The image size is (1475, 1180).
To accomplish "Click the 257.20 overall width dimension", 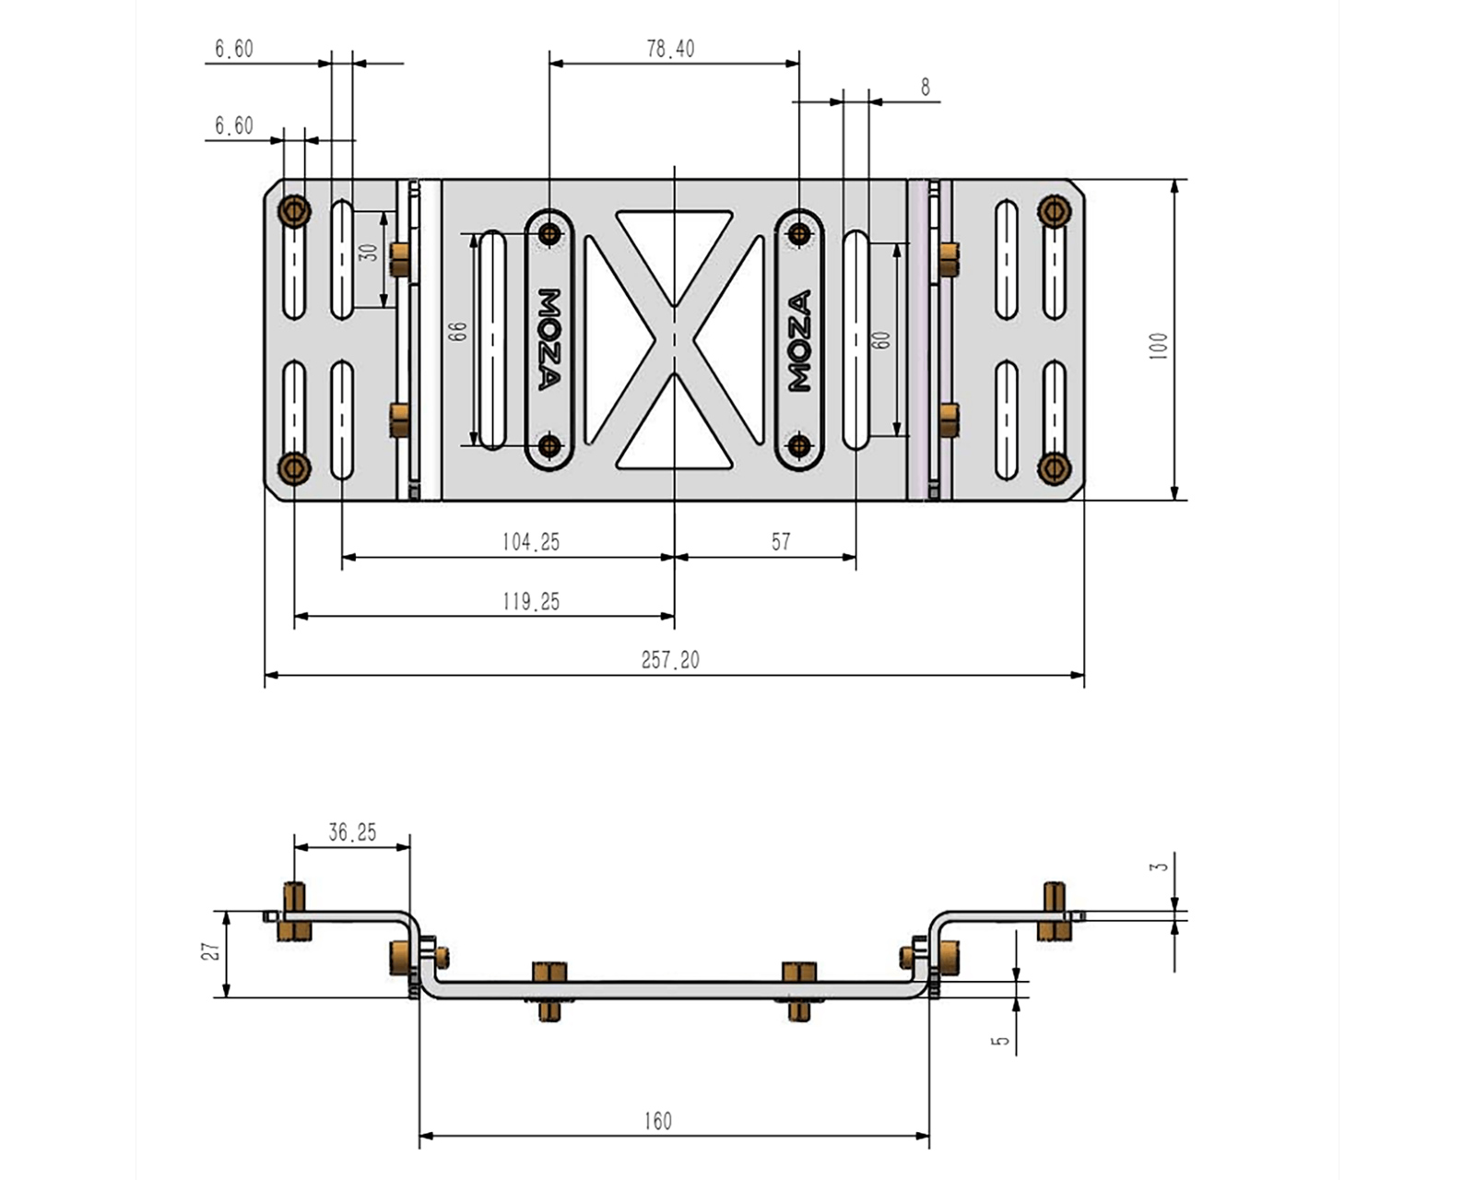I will [x=670, y=660].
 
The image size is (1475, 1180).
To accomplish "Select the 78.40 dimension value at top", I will [x=670, y=49].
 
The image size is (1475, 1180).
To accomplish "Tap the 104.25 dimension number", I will [x=530, y=542].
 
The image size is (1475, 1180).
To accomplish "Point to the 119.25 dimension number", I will [x=530, y=602].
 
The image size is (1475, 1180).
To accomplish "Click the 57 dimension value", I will [x=781, y=542].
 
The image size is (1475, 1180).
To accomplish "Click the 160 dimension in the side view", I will [x=657, y=1121].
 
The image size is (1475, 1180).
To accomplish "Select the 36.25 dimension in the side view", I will [x=352, y=832].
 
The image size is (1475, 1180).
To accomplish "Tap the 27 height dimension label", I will [x=213, y=950].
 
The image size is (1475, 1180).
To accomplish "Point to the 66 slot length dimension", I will [x=457, y=331].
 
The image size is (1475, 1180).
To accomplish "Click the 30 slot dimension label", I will [x=369, y=252].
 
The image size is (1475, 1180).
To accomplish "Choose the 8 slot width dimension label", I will [x=925, y=88].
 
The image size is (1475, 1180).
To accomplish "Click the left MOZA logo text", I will [x=549, y=339].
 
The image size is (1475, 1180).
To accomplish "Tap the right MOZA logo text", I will [x=799, y=340].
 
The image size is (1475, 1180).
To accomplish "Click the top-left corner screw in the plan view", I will [x=294, y=211].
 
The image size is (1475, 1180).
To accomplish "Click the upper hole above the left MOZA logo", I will [x=550, y=233].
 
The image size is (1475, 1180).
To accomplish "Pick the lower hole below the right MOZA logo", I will [x=799, y=447].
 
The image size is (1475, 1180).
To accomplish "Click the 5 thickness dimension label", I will [x=1001, y=1041].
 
